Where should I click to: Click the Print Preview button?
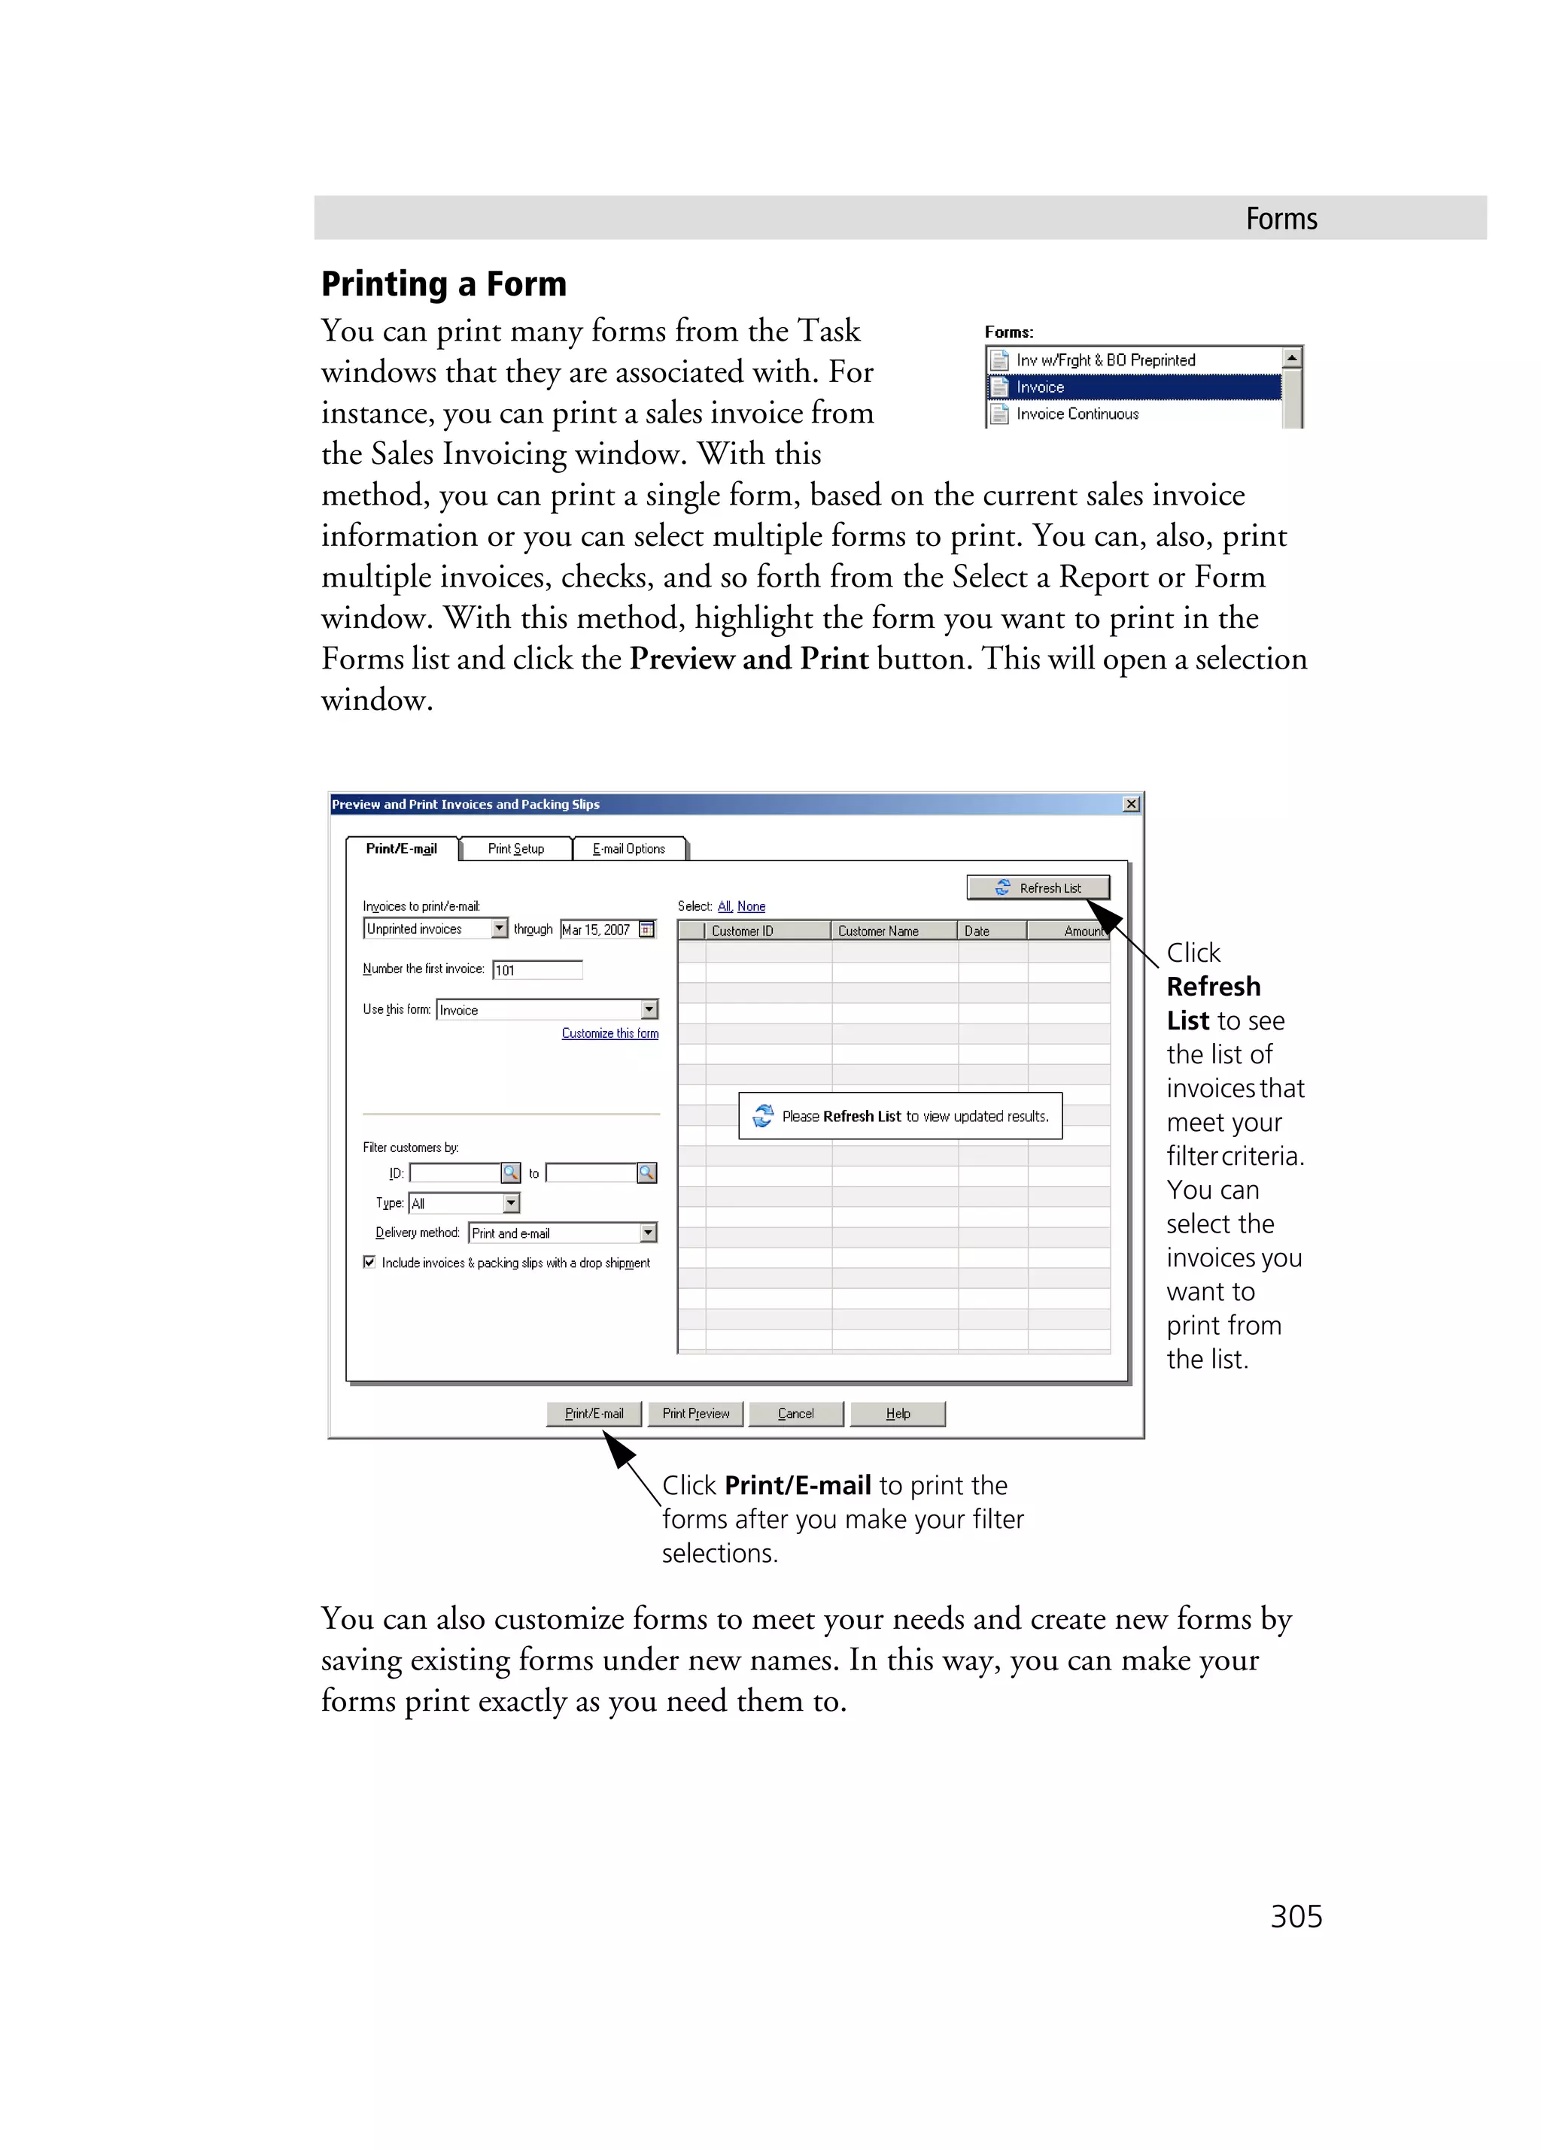tap(695, 1414)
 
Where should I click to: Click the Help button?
tap(897, 1414)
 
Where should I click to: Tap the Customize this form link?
tap(609, 1033)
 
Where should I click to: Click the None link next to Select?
tap(750, 906)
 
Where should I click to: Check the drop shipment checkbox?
tap(369, 1262)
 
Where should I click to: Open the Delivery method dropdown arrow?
tap(649, 1233)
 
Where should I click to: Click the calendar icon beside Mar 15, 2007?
tap(647, 929)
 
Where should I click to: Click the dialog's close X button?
tap(1130, 804)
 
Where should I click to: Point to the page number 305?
tap(1296, 1916)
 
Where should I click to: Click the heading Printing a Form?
tap(444, 284)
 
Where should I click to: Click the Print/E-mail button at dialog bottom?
tap(594, 1414)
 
